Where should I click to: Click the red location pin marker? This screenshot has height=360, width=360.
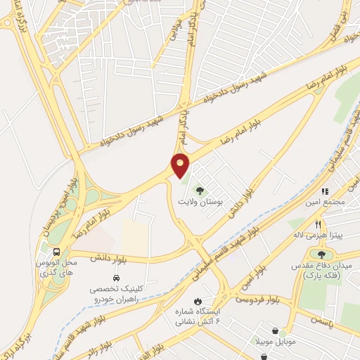click(x=181, y=166)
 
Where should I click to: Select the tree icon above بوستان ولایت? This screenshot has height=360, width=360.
click(x=200, y=190)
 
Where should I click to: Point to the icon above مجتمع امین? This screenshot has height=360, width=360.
click(x=325, y=191)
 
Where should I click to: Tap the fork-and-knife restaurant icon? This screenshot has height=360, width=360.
click(x=318, y=226)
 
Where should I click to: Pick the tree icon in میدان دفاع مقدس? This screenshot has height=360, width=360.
click(x=321, y=255)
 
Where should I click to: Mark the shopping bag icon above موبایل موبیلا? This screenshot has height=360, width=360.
click(x=274, y=330)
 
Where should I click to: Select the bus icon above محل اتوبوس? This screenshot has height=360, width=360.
click(x=56, y=251)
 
